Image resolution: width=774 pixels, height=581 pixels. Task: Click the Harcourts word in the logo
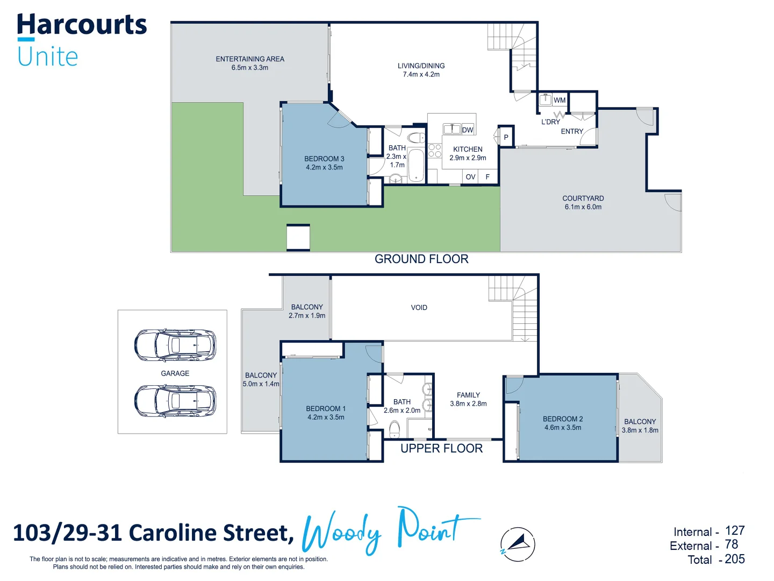pos(82,25)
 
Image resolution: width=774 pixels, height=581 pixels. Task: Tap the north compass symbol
pos(518,544)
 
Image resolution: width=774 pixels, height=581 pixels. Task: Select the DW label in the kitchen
pos(468,130)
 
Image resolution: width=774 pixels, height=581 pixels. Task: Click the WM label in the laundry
pos(560,100)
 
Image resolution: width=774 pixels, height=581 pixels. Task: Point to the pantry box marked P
pos(506,137)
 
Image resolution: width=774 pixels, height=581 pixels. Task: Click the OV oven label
pos(470,176)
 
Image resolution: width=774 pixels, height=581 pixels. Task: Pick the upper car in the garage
pos(175,345)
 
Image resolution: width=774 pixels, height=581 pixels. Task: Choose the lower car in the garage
pos(175,401)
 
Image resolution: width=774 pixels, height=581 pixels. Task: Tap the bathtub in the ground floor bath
pos(416,165)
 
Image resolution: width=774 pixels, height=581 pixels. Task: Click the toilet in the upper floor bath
pos(395,428)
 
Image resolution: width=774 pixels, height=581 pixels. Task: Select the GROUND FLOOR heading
pos(421,259)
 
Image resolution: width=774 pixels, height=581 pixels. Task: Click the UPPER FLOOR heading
pos(441,449)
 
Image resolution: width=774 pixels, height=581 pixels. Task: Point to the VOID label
pos(419,308)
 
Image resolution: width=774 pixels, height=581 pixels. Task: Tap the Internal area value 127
pos(735,531)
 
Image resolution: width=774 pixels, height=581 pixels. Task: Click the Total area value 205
pos(734,559)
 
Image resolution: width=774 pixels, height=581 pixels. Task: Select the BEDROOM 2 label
pos(563,419)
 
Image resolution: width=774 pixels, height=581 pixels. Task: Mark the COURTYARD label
pos(583,199)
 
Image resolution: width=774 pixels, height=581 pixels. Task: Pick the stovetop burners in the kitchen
pos(435,151)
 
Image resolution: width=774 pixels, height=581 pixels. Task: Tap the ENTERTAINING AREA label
pos(250,59)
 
